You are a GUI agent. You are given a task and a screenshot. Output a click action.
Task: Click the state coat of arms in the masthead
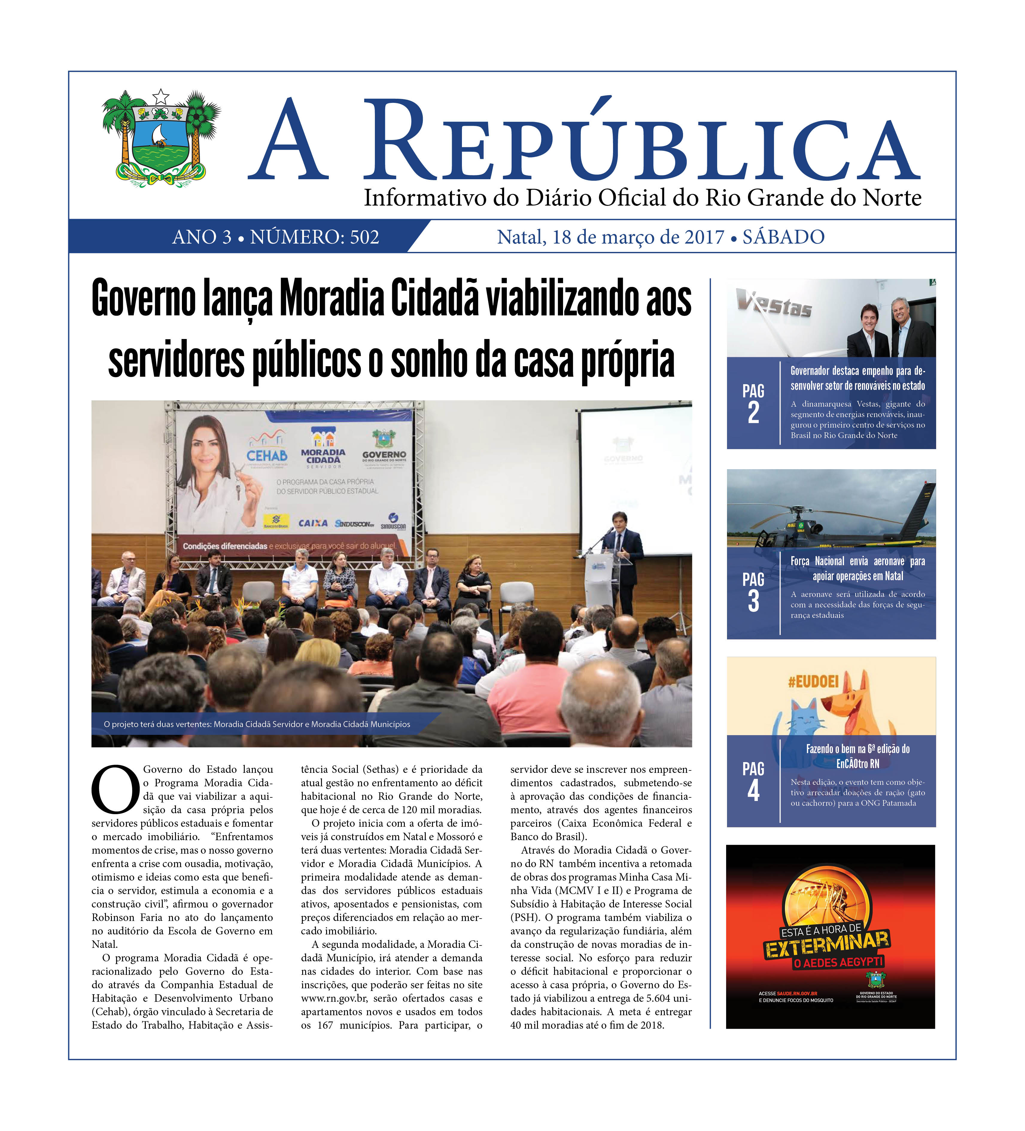[x=161, y=138]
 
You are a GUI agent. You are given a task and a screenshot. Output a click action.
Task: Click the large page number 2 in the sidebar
[x=753, y=413]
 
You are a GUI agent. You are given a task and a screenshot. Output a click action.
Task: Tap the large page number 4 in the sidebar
[x=753, y=791]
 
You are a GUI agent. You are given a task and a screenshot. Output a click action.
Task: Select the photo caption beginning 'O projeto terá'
[x=257, y=724]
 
